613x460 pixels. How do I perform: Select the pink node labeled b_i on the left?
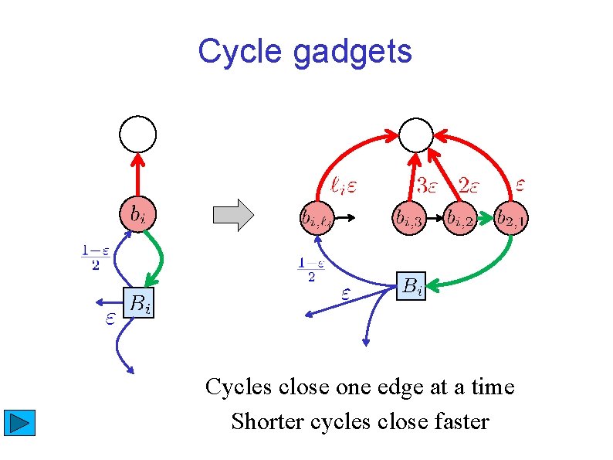point(137,213)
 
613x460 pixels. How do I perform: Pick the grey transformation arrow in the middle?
point(233,215)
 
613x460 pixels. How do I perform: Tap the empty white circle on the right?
point(417,136)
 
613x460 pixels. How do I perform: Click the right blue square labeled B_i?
point(411,287)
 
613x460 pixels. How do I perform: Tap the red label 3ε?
point(429,185)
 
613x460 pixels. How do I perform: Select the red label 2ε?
point(472,185)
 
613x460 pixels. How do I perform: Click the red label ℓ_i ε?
point(343,185)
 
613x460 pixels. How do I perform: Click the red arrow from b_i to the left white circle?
point(137,174)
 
